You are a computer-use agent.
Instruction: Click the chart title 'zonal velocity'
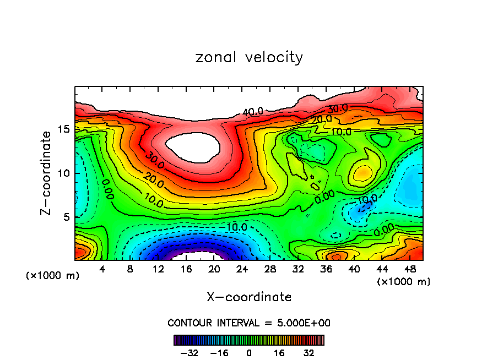coord(249,57)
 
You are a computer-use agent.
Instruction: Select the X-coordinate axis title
coord(249,297)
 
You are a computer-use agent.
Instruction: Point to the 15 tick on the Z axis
coord(64,129)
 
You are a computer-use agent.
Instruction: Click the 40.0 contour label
coord(253,112)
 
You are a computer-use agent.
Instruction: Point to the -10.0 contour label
coord(236,226)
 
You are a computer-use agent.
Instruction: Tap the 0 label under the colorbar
coord(249,352)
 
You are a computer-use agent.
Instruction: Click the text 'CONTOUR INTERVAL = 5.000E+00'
coord(249,323)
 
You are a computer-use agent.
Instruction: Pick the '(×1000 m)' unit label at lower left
coord(53,276)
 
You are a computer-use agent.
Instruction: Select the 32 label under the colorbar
coord(309,352)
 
